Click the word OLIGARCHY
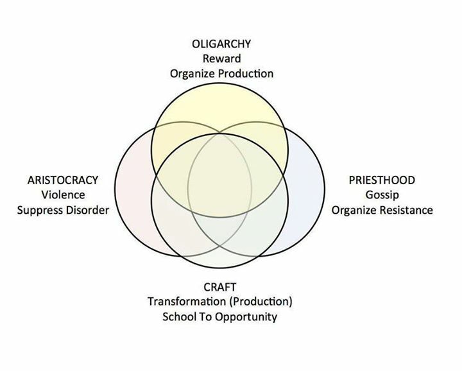[x=221, y=44]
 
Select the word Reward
[x=221, y=59]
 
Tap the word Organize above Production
[x=193, y=74]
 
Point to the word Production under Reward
[x=246, y=74]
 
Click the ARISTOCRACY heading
[x=63, y=180]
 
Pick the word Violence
[x=63, y=195]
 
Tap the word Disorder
[x=87, y=210]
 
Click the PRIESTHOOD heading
[x=382, y=180]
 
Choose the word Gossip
[x=382, y=195]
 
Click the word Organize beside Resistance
[x=355, y=210]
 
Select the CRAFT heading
[x=221, y=287]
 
